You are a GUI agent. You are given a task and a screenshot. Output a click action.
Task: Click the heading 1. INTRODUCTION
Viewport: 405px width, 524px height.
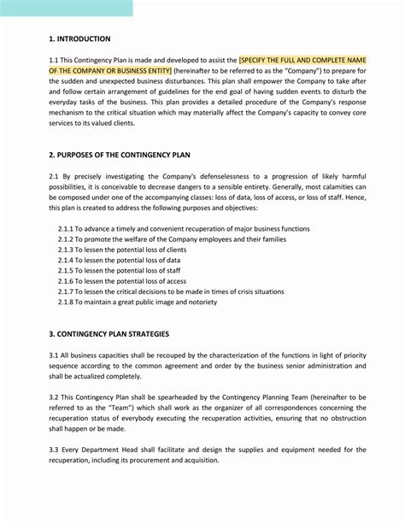click(x=79, y=38)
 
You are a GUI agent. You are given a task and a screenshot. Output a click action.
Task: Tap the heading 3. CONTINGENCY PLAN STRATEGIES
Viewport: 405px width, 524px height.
click(x=109, y=333)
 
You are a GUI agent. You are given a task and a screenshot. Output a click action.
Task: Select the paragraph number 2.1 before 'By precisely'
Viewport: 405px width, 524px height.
click(x=54, y=174)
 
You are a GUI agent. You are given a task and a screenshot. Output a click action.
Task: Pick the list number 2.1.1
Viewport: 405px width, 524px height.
click(x=68, y=229)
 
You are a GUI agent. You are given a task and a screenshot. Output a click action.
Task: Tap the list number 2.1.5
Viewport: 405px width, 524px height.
click(x=68, y=269)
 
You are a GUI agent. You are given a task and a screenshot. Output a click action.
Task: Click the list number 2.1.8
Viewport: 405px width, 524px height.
click(x=68, y=302)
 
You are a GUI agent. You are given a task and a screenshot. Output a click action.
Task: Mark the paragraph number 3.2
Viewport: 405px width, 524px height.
click(x=54, y=397)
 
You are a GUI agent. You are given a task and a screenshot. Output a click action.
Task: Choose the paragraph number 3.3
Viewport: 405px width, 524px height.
click(x=54, y=450)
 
